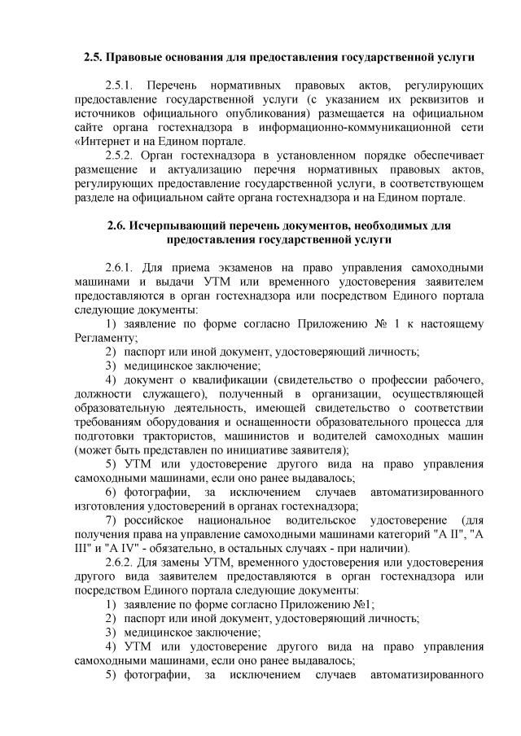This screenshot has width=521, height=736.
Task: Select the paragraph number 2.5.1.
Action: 122,85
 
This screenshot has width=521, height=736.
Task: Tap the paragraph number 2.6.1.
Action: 122,268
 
